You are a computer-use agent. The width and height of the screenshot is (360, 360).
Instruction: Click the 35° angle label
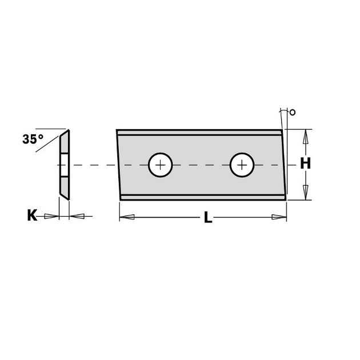[x=33, y=139]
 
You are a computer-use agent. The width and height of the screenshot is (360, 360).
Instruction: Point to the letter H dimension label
[x=306, y=164]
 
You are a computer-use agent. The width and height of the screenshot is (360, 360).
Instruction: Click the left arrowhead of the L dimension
[x=127, y=217]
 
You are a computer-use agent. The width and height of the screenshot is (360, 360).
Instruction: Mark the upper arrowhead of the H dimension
[x=306, y=137]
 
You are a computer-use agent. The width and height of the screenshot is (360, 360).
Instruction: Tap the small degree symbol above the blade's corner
[x=292, y=113]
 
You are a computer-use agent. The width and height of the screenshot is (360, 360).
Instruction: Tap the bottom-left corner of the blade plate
[x=121, y=199]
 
